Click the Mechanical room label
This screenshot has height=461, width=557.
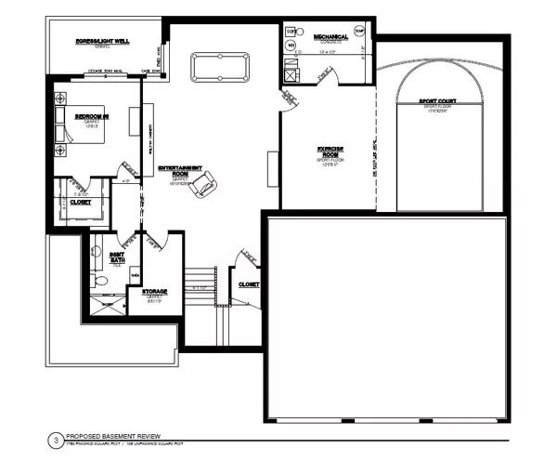pos(330,37)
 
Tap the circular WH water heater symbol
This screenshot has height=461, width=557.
pos(291,45)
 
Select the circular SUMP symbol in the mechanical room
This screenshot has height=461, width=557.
pos(359,31)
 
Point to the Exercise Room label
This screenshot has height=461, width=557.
pos(330,153)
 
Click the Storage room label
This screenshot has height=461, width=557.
pos(154,292)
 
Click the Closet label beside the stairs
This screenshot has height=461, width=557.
pos(248,284)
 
